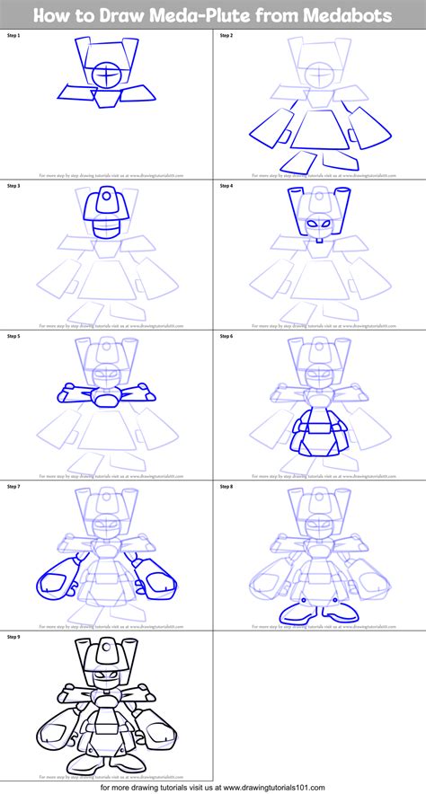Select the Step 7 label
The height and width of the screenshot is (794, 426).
[x=13, y=485]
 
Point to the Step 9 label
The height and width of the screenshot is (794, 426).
[x=13, y=636]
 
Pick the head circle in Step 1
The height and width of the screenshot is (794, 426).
[x=107, y=76]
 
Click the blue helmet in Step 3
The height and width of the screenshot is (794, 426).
[x=107, y=208]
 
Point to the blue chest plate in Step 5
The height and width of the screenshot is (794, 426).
[x=107, y=395]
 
